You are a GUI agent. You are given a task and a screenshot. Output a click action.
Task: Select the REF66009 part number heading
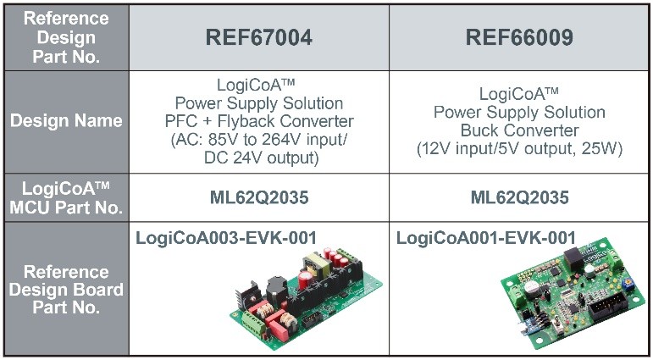(519, 38)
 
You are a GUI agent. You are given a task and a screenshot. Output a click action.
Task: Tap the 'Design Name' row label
(65, 120)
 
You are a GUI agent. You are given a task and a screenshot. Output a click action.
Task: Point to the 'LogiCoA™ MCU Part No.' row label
(65, 197)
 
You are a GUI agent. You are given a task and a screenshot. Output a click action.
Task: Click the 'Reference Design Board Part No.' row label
(65, 289)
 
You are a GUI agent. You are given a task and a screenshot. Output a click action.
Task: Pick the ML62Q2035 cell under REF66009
(519, 198)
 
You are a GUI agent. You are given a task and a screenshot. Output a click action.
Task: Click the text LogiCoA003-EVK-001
(226, 238)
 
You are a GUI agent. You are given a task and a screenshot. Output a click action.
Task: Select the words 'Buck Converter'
(519, 130)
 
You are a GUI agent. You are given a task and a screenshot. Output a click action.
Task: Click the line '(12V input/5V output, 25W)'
(519, 149)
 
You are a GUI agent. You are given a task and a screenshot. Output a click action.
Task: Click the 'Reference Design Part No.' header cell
(65, 38)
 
